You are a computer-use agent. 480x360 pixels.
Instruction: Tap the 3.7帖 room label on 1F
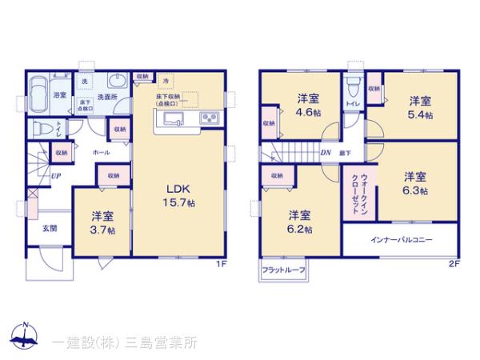point(102,222)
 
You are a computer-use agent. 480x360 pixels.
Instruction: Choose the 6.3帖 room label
point(414,183)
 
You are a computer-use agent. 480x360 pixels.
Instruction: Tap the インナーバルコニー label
point(400,239)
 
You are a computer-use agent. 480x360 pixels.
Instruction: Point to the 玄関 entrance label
point(50,228)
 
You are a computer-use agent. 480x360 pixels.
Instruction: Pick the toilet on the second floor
point(352,84)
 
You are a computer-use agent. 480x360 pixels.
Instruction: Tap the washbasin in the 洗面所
point(118,82)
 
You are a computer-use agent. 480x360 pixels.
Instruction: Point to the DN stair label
point(326,153)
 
